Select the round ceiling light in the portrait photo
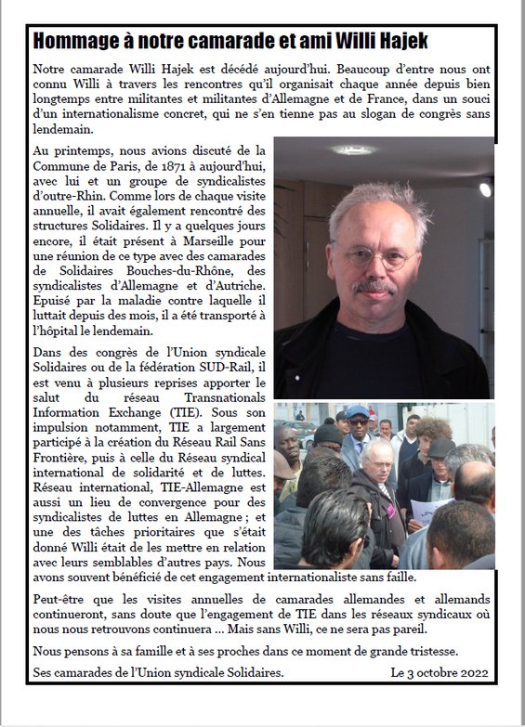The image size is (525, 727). (x=354, y=149)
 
